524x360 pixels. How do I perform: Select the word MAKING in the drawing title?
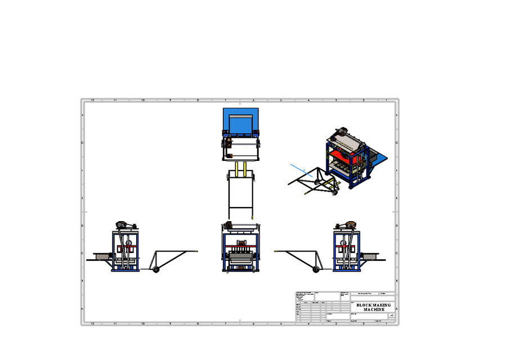[x=382, y=305]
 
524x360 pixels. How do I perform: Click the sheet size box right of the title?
[x=391, y=316]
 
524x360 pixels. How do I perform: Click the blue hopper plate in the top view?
[x=241, y=121]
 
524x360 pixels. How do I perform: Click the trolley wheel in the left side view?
[x=156, y=271]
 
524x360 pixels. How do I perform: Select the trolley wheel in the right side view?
[x=316, y=271]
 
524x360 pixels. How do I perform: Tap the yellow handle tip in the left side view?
[x=196, y=250]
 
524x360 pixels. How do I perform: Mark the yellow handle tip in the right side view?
[x=276, y=251]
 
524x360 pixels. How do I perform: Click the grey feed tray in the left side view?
[x=102, y=257]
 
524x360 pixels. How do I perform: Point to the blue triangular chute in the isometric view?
[x=379, y=158]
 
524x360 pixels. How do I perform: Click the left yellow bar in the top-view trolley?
[x=238, y=168]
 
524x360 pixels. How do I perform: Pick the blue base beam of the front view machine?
[x=241, y=270]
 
